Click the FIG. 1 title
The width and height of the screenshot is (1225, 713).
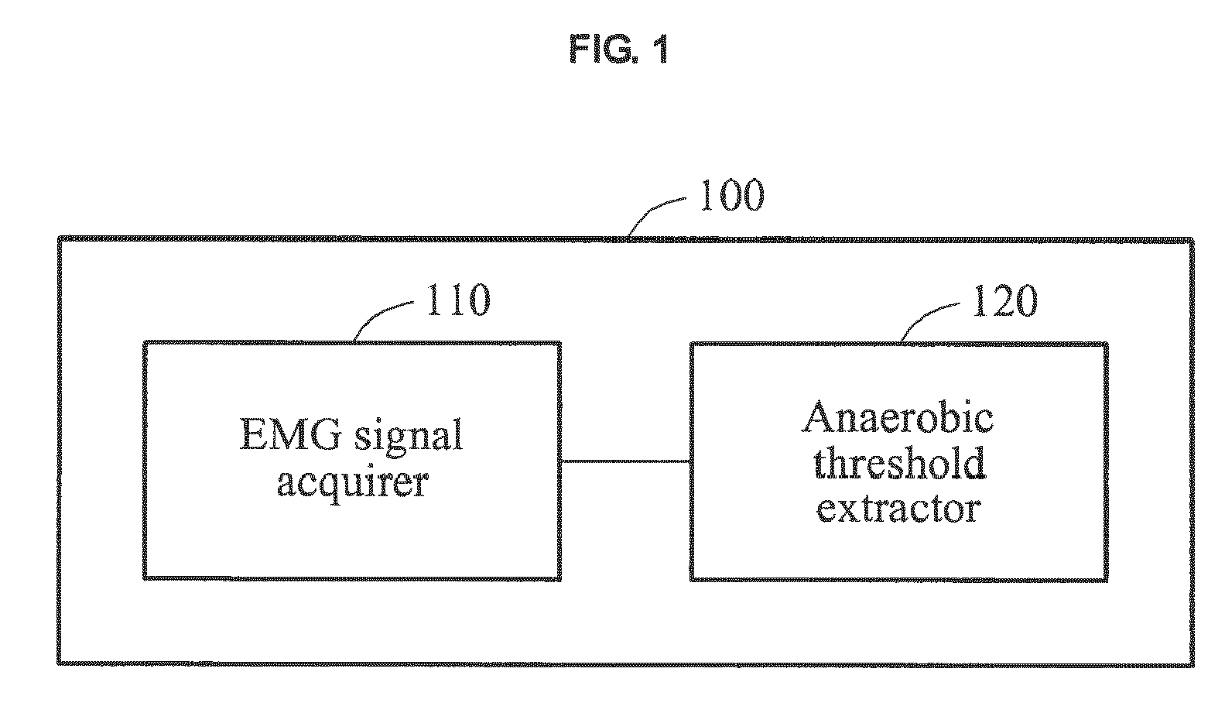coord(618,50)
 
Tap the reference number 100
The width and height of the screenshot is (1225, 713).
coord(731,195)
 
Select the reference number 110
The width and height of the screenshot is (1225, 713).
coord(457,300)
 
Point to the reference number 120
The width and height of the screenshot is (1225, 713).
coord(1004,300)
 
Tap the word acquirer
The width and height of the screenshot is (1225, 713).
coord(352,484)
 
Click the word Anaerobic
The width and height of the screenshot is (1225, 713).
coord(897,418)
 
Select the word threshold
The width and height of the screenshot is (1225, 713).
coord(899,463)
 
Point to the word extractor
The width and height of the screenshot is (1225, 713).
coord(898,509)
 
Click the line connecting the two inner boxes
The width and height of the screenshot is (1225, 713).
coord(625,461)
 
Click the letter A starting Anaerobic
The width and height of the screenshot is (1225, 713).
coord(816,418)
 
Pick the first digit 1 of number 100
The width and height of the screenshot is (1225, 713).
coord(707,195)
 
